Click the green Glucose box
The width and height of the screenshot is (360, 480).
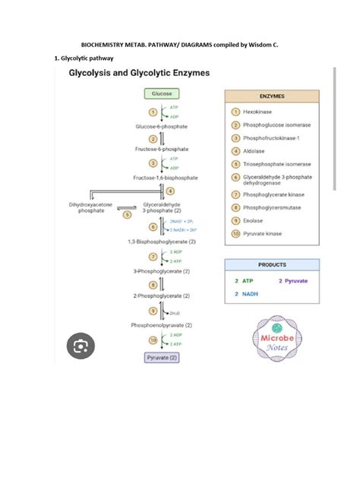pyautogui.click(x=162, y=93)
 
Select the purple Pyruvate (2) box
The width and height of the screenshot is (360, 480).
pyautogui.click(x=161, y=356)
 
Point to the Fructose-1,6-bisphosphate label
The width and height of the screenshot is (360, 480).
pyautogui.click(x=166, y=177)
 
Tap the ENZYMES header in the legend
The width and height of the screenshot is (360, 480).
pyautogui.click(x=273, y=97)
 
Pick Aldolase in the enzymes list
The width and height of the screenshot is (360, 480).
pyautogui.click(x=254, y=151)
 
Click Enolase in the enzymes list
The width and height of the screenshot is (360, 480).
pyautogui.click(x=253, y=220)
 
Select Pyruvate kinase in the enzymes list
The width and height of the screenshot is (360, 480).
pyautogui.click(x=262, y=234)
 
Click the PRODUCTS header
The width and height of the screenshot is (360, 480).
pyautogui.click(x=272, y=265)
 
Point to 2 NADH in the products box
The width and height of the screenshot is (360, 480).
pyautogui.click(x=247, y=293)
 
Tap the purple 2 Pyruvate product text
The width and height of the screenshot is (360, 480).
pyautogui.click(x=293, y=280)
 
